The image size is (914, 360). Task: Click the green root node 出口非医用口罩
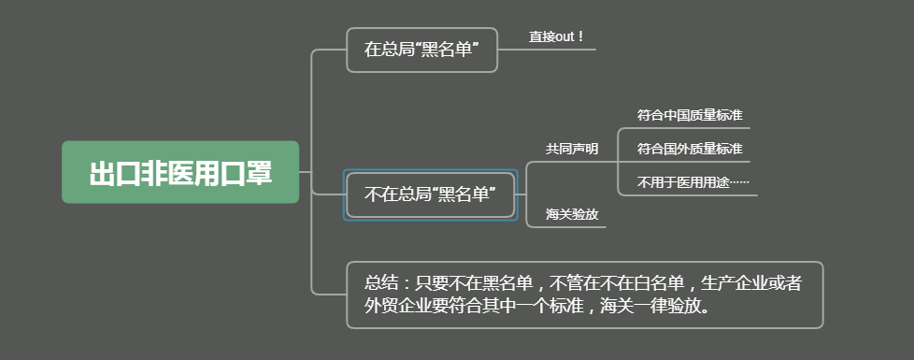[180, 173]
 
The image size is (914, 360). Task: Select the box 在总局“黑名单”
[421, 50]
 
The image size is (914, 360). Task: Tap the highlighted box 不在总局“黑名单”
[429, 195]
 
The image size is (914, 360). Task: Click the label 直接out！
[556, 36]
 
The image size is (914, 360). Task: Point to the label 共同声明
[572, 149]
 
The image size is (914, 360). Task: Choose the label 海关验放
[572, 214]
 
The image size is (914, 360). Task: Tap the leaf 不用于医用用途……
[693, 182]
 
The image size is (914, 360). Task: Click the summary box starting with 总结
[584, 295]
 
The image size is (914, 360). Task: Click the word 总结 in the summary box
[381, 282]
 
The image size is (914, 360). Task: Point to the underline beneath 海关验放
[573, 226]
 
